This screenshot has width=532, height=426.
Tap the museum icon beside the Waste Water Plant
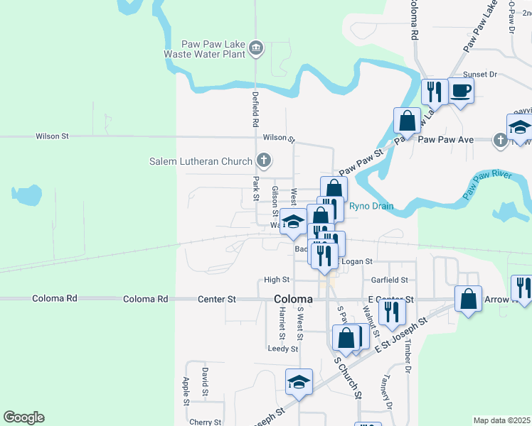point(257,48)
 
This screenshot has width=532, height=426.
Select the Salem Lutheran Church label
point(201,161)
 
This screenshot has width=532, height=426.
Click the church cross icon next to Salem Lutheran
point(263,160)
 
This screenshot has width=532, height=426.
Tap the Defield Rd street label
point(255,109)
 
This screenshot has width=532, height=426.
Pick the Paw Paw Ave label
point(445,139)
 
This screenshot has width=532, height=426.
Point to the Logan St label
point(357,262)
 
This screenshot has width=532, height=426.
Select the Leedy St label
point(282,349)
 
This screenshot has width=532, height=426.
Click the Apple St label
point(187,390)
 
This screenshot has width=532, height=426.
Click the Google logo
point(23,417)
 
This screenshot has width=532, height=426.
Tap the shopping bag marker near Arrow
point(469,299)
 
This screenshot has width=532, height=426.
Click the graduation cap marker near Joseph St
point(299,382)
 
